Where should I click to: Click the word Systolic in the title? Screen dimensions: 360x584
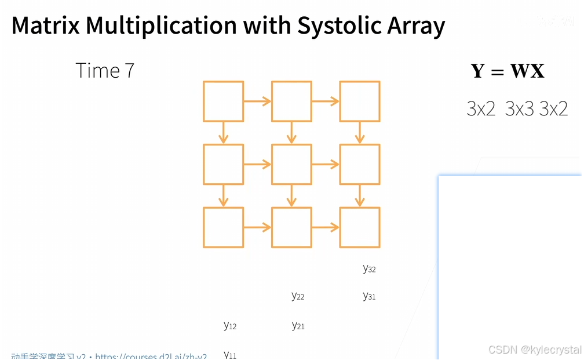pyautogui.click(x=336, y=26)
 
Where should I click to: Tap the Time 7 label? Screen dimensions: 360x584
pyautogui.click(x=105, y=71)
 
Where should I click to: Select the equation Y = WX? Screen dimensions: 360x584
pyautogui.click(x=508, y=71)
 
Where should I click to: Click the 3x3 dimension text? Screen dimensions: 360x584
pyautogui.click(x=519, y=108)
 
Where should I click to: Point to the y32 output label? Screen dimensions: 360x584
pyautogui.click(x=369, y=268)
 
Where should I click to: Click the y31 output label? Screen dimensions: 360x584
pyautogui.click(x=369, y=296)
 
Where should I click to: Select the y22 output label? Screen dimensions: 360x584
pyautogui.click(x=298, y=296)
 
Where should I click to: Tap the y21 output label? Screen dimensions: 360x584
pyautogui.click(x=298, y=326)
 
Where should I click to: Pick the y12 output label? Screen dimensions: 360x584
pyautogui.click(x=230, y=326)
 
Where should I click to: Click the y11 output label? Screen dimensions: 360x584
pyautogui.click(x=230, y=354)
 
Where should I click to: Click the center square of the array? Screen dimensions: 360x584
pyautogui.click(x=291, y=165)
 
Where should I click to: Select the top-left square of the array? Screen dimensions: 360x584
pyautogui.click(x=223, y=101)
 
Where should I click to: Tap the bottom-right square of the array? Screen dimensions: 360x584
pyautogui.click(x=360, y=227)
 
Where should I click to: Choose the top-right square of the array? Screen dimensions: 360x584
pyautogui.click(x=360, y=101)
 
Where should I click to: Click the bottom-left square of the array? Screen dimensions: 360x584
pyautogui.click(x=223, y=227)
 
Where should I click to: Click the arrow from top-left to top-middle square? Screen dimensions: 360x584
pyautogui.click(x=257, y=102)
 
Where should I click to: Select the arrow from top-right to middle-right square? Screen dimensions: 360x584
pyautogui.click(x=360, y=133)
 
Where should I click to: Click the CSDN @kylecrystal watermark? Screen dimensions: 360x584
pyautogui.click(x=534, y=350)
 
